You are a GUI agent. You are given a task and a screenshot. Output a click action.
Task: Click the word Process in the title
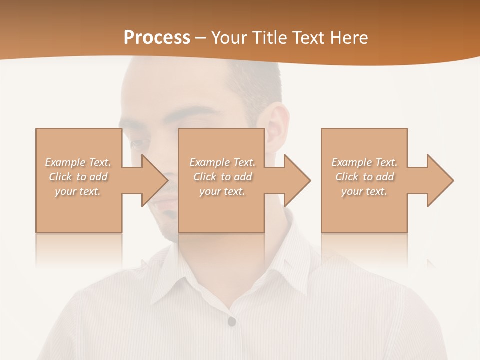click(157, 38)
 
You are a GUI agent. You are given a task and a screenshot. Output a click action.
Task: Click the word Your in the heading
click(229, 38)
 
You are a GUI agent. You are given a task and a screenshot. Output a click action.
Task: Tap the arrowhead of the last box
click(439, 180)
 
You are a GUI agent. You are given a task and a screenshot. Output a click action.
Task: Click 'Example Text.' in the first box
click(78, 162)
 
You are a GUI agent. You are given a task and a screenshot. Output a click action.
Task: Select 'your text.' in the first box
click(78, 191)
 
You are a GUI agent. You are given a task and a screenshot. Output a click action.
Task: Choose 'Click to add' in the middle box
click(222, 177)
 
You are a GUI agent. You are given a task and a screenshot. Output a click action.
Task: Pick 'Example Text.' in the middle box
click(222, 162)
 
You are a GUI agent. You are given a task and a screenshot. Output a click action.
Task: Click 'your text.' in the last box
click(364, 191)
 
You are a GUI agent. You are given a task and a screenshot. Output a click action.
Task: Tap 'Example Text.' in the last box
click(364, 162)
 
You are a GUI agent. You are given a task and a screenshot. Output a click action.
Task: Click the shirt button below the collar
click(231, 321)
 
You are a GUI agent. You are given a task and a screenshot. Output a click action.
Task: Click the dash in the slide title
click(200, 38)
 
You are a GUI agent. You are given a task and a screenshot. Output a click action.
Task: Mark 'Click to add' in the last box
click(364, 177)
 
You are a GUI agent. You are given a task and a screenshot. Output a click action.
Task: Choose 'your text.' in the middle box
click(222, 191)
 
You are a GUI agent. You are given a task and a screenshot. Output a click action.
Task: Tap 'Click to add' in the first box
click(78, 177)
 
